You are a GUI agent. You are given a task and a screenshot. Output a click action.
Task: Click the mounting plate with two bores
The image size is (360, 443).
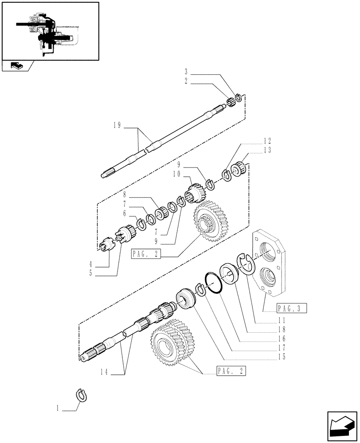click(x=269, y=265)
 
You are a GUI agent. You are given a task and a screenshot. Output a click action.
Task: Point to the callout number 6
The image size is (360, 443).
click(x=125, y=213)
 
